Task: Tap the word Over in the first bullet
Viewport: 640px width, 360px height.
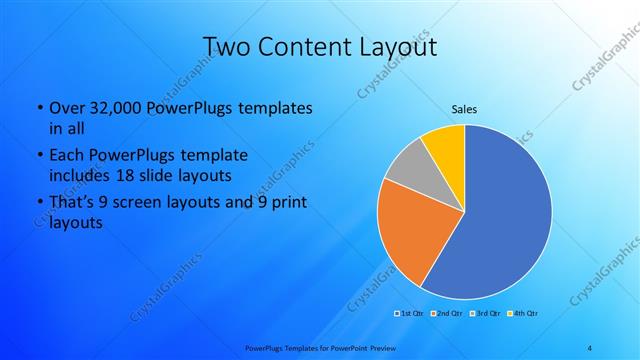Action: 66,108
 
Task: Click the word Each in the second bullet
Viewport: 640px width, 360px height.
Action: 66,156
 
